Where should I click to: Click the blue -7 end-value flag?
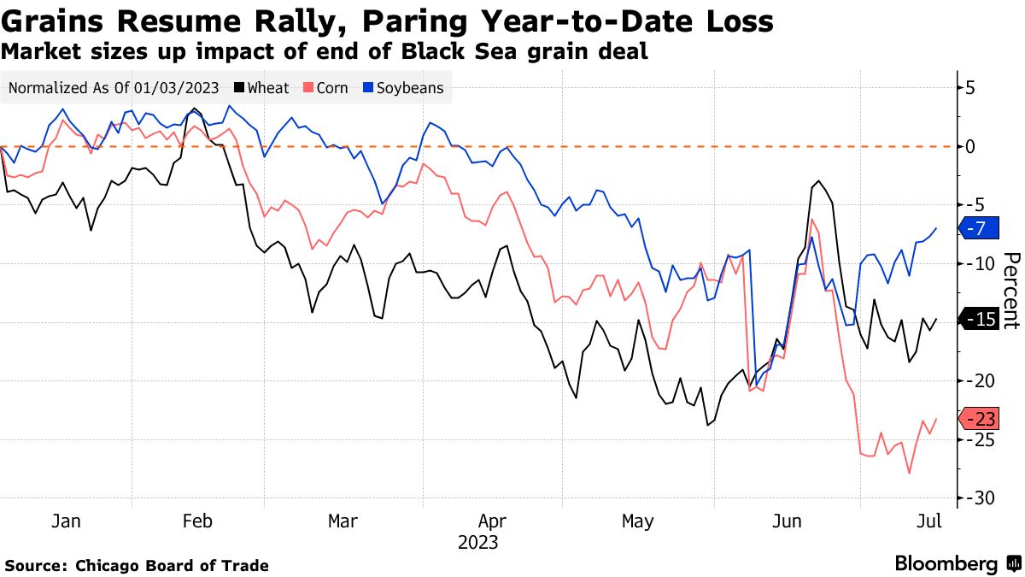975,228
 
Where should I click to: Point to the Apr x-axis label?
492,521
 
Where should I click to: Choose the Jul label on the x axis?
928,521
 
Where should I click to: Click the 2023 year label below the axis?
477,542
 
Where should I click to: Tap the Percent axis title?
1010,291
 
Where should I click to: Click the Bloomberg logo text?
946,564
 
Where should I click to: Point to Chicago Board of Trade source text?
172,565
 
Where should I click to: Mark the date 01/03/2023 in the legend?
175,87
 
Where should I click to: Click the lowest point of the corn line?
910,473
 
